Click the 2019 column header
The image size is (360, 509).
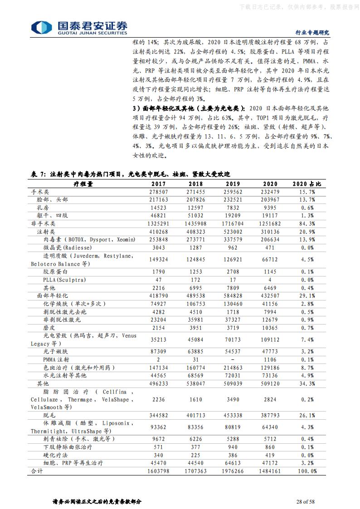point(233,184)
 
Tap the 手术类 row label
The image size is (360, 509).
point(40,192)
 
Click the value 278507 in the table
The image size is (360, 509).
point(158,192)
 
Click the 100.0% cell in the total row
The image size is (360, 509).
point(306,471)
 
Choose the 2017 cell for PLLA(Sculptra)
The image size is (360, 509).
point(158,280)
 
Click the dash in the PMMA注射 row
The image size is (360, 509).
point(233,359)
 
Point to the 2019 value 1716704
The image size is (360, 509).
point(233,223)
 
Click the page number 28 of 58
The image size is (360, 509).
point(305,501)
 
